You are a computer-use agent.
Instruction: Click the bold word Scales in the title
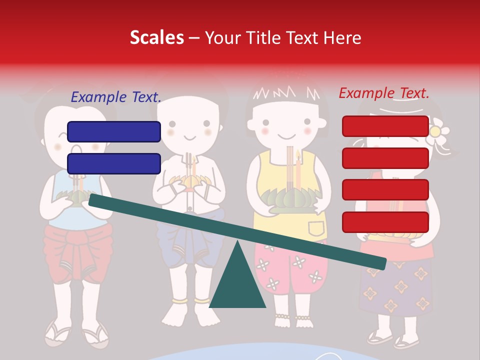156,38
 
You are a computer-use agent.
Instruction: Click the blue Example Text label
116,97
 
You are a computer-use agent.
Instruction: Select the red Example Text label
384,93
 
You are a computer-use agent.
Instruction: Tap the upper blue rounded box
114,131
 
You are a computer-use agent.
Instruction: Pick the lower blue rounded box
114,163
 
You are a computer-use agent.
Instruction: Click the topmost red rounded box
385,126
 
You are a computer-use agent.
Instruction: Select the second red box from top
385,158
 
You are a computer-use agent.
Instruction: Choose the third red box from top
385,190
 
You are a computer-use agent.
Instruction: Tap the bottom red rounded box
385,222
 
